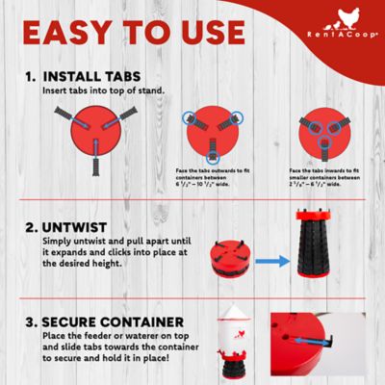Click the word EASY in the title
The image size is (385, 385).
point(72,32)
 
